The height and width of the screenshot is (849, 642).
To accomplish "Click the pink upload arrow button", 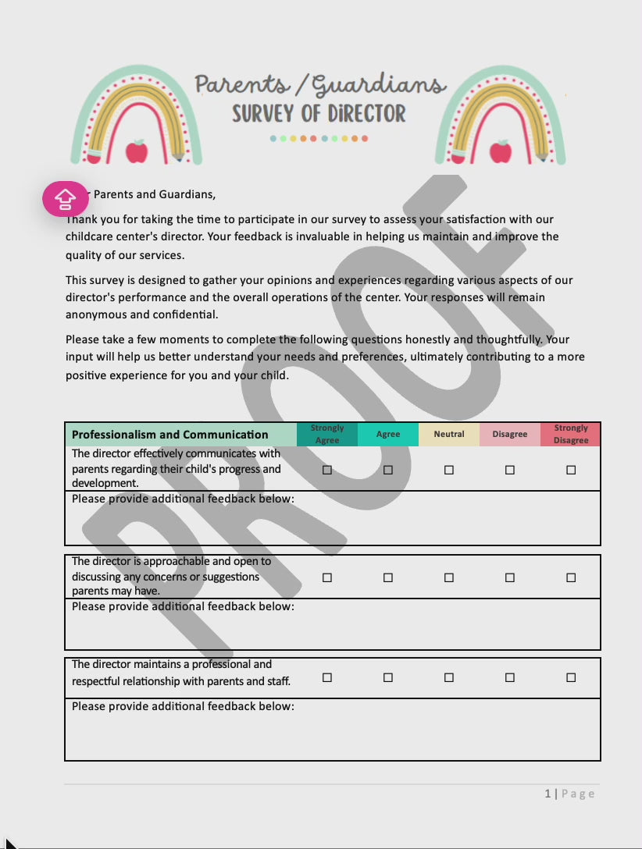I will pyautogui.click(x=66, y=199).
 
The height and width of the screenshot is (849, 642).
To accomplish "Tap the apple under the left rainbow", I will pyautogui.click(x=137, y=151).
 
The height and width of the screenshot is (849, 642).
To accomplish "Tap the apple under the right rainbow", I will pyautogui.click(x=501, y=151).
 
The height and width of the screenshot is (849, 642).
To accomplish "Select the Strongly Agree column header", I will pyautogui.click(x=327, y=434).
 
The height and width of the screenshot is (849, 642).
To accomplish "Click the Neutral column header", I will pyautogui.click(x=449, y=434).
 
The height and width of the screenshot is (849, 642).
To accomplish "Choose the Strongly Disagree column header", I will pyautogui.click(x=571, y=434).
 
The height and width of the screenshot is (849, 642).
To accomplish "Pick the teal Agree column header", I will pyautogui.click(x=388, y=434).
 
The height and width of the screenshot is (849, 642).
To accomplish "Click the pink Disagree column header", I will pyautogui.click(x=510, y=434).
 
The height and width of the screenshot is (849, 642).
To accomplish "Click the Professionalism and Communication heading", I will pyautogui.click(x=170, y=435).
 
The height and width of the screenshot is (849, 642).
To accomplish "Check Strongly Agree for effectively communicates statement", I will pyautogui.click(x=327, y=470).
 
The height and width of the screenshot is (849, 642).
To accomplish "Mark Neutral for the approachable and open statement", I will pyautogui.click(x=449, y=577).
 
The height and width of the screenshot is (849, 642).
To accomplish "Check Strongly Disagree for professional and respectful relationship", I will pyautogui.click(x=571, y=677).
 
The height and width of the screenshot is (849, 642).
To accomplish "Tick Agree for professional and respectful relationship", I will pyautogui.click(x=388, y=677).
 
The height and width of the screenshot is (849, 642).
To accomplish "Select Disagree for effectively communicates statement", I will pyautogui.click(x=510, y=470).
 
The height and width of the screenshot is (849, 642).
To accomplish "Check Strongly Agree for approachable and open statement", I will pyautogui.click(x=327, y=577).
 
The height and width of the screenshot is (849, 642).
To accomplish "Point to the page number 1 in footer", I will pyautogui.click(x=547, y=794).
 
